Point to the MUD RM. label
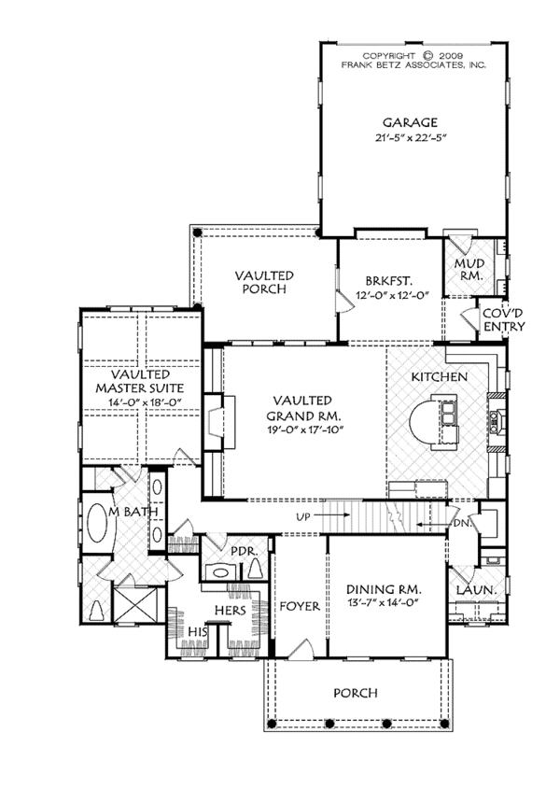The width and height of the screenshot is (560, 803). (469, 271)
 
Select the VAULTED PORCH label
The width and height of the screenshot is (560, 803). (265, 282)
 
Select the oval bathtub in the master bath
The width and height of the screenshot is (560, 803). (96, 526)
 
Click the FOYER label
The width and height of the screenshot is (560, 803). (300, 606)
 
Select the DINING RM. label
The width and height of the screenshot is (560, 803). (384, 590)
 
